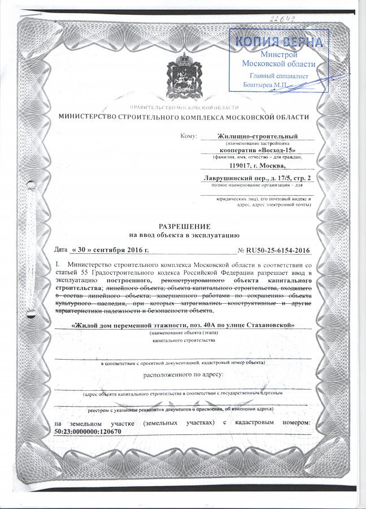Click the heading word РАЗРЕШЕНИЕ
click(x=182, y=225)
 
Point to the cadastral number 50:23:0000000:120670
click(x=88, y=432)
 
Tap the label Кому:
click(x=188, y=136)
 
